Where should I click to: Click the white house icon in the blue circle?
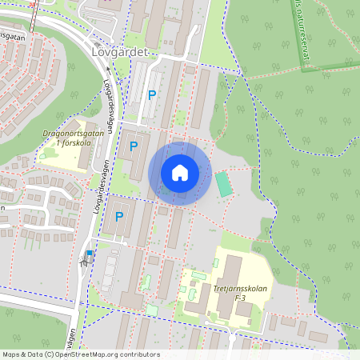tap(180, 173)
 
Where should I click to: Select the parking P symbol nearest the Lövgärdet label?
tap(151, 95)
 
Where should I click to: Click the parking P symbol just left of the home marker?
tap(134, 146)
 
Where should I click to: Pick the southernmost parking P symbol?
tap(120, 216)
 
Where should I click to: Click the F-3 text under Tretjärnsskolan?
tap(240, 298)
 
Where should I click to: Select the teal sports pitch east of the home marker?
tap(224, 185)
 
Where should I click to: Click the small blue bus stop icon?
tap(89, 255)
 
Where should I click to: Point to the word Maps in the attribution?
tap(12, 354)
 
